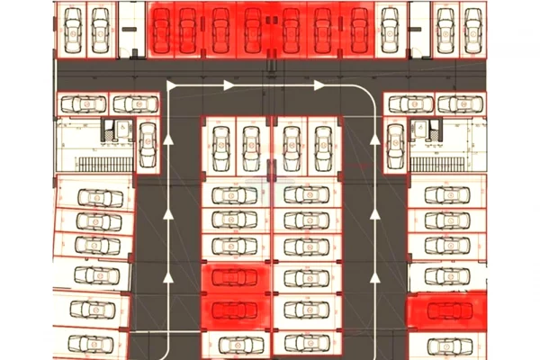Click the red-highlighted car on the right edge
pyautogui.click(x=447, y=311)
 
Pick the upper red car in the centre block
pyautogui.click(x=235, y=279)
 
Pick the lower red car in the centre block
pyautogui.click(x=235, y=310)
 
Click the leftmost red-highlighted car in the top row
pyautogui.click(x=161, y=29)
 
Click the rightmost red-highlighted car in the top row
pyautogui.click(x=359, y=29)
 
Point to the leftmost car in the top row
pyautogui.click(x=71, y=29)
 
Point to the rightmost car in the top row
pyautogui.click(x=471, y=29)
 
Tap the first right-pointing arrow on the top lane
pyautogui.click(x=229, y=85)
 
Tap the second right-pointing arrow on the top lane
pyautogui.click(x=319, y=85)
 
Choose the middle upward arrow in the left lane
pyautogui.click(x=168, y=213)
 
